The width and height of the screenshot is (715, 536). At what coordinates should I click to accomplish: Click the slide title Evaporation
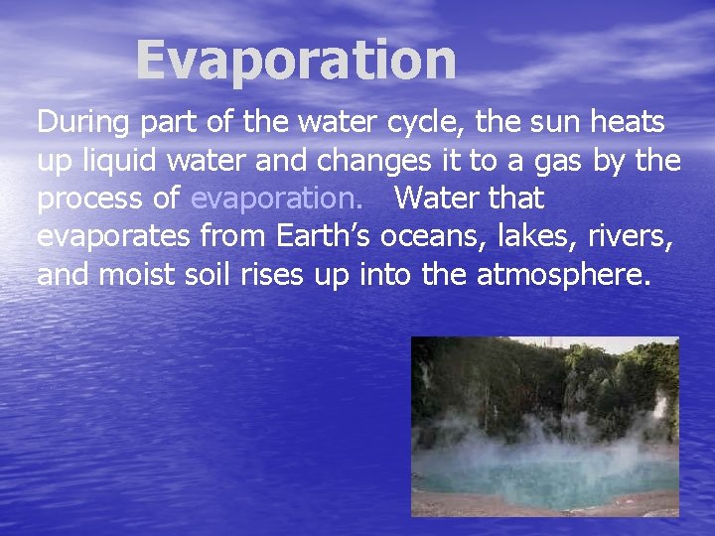tap(296, 62)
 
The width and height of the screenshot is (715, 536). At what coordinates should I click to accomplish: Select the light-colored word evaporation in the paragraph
tap(276, 199)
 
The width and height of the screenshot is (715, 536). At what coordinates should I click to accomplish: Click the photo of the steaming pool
tap(545, 427)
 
